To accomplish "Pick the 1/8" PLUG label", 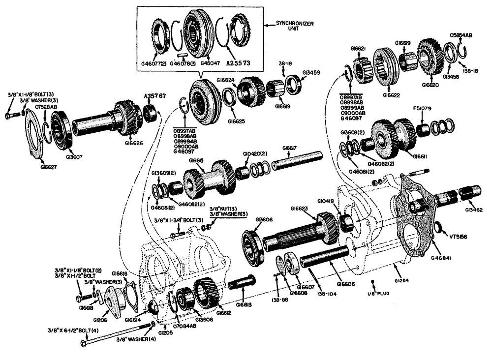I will click(x=374, y=294).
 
